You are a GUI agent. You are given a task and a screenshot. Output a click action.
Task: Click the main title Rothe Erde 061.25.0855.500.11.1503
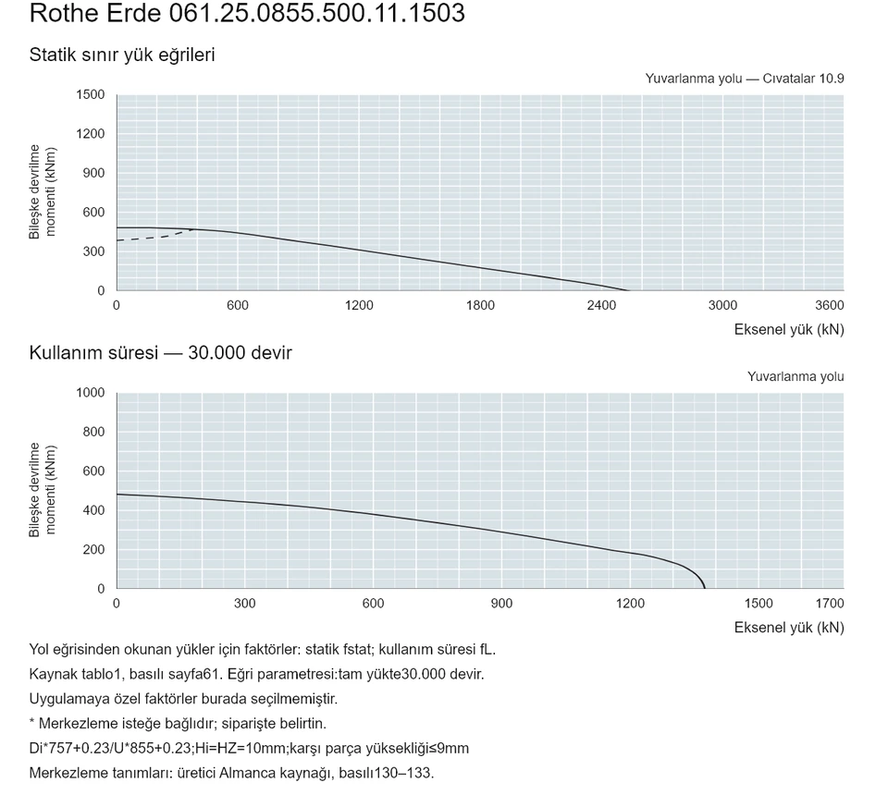pyautogui.click(x=247, y=13)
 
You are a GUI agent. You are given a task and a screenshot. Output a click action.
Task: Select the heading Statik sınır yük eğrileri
pyautogui.click(x=122, y=55)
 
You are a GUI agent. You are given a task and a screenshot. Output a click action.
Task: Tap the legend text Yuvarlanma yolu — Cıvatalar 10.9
pyautogui.click(x=744, y=79)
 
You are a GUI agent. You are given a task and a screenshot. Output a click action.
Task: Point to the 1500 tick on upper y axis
pyautogui.click(x=91, y=94)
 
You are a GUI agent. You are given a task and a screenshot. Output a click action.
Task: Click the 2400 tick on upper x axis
pyautogui.click(x=601, y=306)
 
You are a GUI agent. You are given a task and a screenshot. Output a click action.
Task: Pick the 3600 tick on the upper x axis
pyautogui.click(x=829, y=306)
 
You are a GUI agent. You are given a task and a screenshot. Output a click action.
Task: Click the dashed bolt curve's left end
pyautogui.click(x=117, y=240)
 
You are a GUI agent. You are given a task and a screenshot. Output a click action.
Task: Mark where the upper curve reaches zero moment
pyautogui.click(x=627, y=290)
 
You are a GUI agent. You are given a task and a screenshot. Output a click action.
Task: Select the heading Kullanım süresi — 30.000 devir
pyautogui.click(x=160, y=353)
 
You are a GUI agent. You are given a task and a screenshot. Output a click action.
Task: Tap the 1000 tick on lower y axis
pyautogui.click(x=91, y=393)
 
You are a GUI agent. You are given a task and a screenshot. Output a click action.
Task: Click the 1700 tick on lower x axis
pyautogui.click(x=829, y=604)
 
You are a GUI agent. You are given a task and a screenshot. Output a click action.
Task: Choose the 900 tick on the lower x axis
pyautogui.click(x=501, y=604)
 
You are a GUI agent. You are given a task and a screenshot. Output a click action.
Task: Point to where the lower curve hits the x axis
pyautogui.click(x=705, y=589)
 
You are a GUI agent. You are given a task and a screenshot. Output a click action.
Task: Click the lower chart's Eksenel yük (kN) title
pyautogui.click(x=789, y=628)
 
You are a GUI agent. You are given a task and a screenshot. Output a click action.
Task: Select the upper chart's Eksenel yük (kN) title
pyautogui.click(x=789, y=329)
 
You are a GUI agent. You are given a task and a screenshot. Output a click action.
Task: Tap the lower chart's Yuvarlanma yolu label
pyautogui.click(x=795, y=377)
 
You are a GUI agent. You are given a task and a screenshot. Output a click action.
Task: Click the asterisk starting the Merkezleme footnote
pyautogui.click(x=31, y=722)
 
